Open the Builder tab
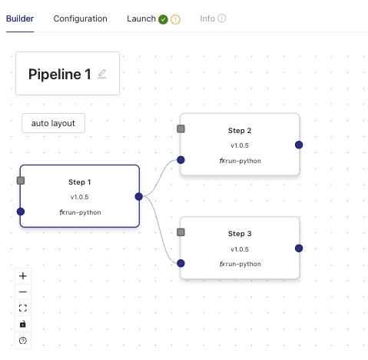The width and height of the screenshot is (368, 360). point(20,18)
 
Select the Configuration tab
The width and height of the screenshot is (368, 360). point(80,18)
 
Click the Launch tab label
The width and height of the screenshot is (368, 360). point(141,18)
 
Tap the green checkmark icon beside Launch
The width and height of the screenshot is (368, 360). point(163,19)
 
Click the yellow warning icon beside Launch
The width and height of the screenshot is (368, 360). point(175,19)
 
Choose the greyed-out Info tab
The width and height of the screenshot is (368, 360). point(207,18)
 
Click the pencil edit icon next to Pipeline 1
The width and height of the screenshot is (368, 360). point(102,74)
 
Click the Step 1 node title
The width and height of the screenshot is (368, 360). point(79,182)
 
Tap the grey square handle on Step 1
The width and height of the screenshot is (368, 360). point(21,181)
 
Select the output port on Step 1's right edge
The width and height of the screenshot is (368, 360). point(139,197)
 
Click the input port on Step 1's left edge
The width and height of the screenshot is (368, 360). point(21,212)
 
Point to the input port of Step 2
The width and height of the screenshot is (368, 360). point(181,160)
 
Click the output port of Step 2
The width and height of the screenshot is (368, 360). point(299,145)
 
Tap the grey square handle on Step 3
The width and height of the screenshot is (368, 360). point(181,232)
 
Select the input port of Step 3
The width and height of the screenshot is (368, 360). point(181,263)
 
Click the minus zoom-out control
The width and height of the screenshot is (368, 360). point(23,292)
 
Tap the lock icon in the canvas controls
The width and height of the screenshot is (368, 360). point(23,324)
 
